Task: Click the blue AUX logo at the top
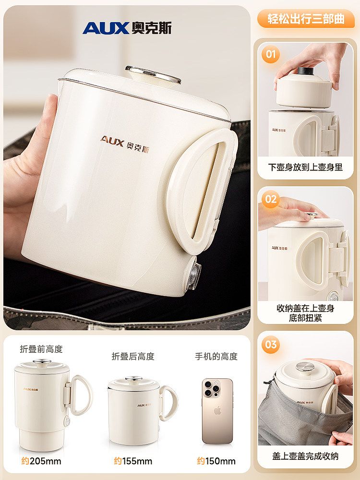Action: (127, 28)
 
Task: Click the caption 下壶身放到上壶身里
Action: (305, 168)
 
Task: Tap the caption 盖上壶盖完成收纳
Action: (305, 456)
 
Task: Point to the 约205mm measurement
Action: (41, 461)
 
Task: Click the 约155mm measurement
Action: (133, 461)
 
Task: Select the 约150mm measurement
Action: (216, 461)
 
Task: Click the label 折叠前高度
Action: (41, 349)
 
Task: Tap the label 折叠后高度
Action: (133, 356)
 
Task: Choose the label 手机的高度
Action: (216, 356)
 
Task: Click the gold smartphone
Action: (217, 410)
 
